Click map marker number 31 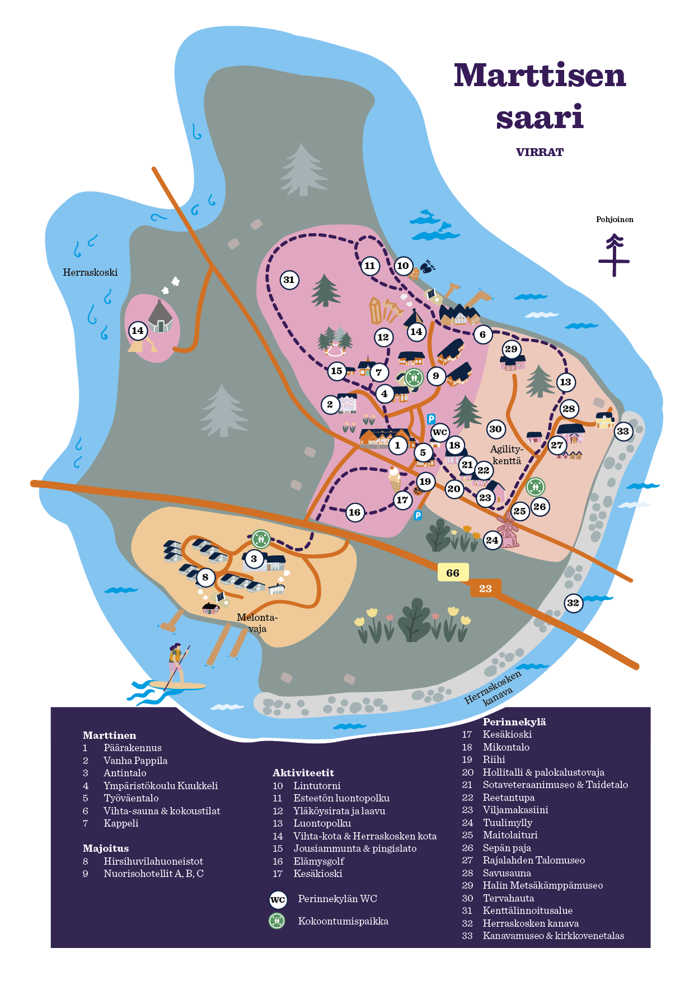pos(289,280)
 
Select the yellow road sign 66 pos(453,572)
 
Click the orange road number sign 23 pos(485,588)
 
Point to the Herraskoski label pos(90,272)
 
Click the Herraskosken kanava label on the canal pos(493,687)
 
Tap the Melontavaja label pos(257,623)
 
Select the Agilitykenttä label pos(507,455)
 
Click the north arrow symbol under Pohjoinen pos(614,256)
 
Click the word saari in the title pos(540,117)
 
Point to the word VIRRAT pos(540,152)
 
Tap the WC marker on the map pos(440,432)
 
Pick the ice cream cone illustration pos(395,479)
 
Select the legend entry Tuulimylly pos(507,823)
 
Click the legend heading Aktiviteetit pos(303,773)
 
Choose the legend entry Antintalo pos(125,773)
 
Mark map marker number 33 pos(623,431)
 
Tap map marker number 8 pos(205,577)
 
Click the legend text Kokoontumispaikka pos(343,921)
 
